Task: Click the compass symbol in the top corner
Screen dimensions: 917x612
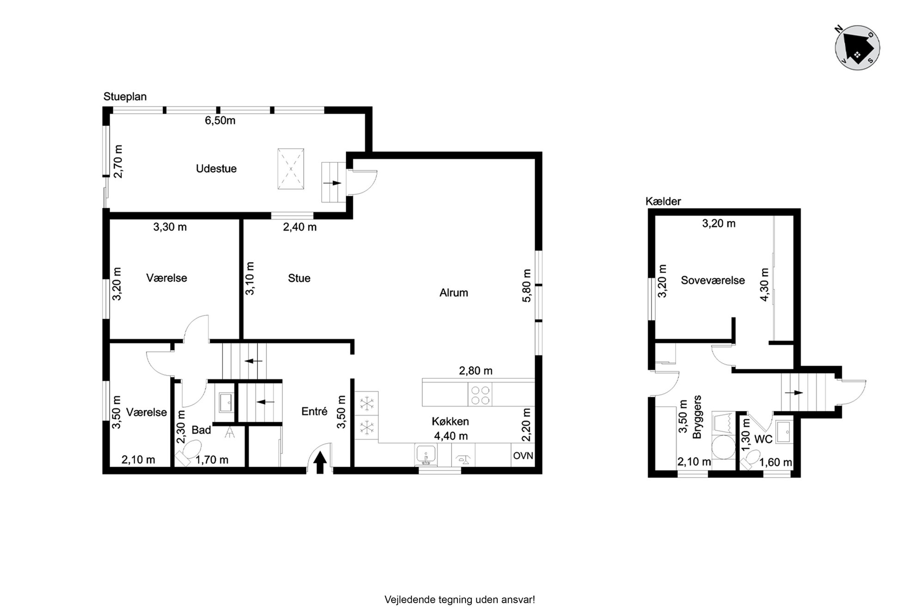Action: pyautogui.click(x=857, y=48)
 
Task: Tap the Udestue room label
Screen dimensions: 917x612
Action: pyautogui.click(x=216, y=168)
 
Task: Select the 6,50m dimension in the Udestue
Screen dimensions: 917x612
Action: pyautogui.click(x=220, y=120)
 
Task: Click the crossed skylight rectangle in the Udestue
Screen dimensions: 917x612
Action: pyautogui.click(x=291, y=169)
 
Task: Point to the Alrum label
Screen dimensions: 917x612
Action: pyautogui.click(x=453, y=292)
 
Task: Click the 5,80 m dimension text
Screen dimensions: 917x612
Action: pyautogui.click(x=526, y=285)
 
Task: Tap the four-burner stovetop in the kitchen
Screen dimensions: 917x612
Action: pyautogui.click(x=480, y=394)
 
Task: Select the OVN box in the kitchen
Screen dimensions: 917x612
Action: pyautogui.click(x=523, y=455)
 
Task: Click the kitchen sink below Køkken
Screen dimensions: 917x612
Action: pyautogui.click(x=426, y=455)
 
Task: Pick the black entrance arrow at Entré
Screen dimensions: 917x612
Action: pyautogui.click(x=320, y=463)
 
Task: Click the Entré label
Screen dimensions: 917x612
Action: pyautogui.click(x=314, y=411)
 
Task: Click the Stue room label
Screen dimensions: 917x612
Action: pyautogui.click(x=299, y=278)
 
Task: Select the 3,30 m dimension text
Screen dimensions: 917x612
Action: pyautogui.click(x=170, y=227)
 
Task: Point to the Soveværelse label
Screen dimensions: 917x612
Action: pyautogui.click(x=713, y=280)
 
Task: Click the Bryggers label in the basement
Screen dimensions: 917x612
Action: pyautogui.click(x=697, y=417)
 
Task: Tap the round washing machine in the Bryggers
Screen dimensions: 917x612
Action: pyautogui.click(x=723, y=447)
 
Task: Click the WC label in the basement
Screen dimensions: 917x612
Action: pyautogui.click(x=763, y=439)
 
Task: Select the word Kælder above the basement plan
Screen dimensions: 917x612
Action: pyautogui.click(x=663, y=201)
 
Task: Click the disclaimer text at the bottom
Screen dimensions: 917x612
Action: pyautogui.click(x=459, y=600)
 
